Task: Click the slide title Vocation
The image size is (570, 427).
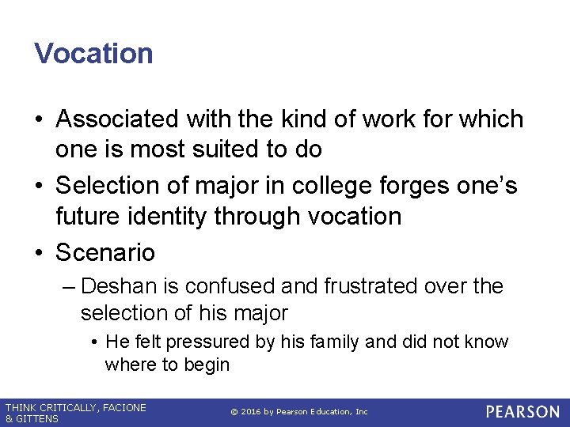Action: tap(93, 54)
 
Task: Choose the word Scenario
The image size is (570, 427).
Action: tap(105, 253)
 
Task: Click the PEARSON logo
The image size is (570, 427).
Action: tap(522, 412)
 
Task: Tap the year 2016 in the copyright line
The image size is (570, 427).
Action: tap(252, 412)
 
